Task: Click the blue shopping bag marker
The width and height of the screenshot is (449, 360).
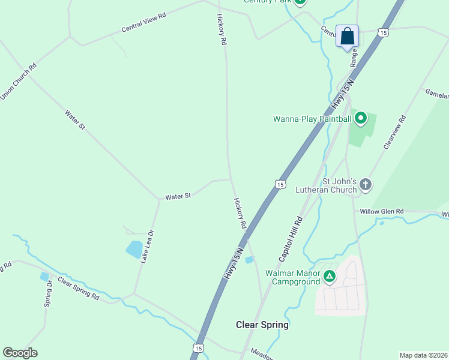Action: click(347, 36)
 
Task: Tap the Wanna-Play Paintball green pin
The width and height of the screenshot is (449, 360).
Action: click(360, 118)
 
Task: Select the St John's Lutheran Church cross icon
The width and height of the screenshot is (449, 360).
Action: click(366, 185)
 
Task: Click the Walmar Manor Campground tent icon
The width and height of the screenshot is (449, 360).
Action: click(329, 277)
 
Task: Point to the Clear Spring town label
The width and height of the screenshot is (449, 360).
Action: click(262, 325)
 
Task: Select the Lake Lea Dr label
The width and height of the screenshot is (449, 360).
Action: click(147, 247)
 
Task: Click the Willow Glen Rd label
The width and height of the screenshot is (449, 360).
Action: click(382, 211)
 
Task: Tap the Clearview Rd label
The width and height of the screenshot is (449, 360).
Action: click(395, 133)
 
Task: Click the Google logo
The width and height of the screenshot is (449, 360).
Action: click(20, 353)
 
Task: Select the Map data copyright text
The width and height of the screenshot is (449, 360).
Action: click(424, 355)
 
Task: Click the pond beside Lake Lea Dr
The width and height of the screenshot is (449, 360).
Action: click(134, 248)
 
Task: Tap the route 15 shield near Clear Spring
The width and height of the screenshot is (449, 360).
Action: click(199, 348)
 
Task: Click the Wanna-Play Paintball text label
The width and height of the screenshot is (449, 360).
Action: click(312, 119)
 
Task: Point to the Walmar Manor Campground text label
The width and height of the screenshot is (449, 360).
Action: click(292, 277)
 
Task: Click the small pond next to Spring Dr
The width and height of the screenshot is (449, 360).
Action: click(44, 277)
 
